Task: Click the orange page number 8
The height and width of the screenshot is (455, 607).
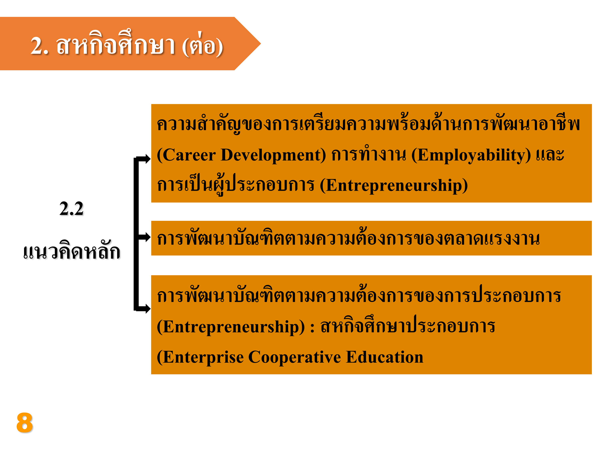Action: pos(25,422)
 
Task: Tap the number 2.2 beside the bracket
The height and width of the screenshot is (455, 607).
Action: pos(71,209)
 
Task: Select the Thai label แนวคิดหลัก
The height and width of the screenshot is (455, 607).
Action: pos(72,250)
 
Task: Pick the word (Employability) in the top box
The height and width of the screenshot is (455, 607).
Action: pos(471,156)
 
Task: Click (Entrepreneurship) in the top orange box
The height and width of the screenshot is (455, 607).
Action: pos(394,186)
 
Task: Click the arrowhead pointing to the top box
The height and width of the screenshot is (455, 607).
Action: pos(148,159)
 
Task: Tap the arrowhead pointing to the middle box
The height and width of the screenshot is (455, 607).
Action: pos(148,237)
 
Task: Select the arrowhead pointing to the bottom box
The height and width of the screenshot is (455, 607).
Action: pos(148,309)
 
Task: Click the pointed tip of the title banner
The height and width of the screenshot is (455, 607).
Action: pos(260,43)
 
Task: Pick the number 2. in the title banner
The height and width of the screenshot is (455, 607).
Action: pos(40,45)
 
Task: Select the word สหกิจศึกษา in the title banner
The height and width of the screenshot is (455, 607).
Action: pos(116,43)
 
